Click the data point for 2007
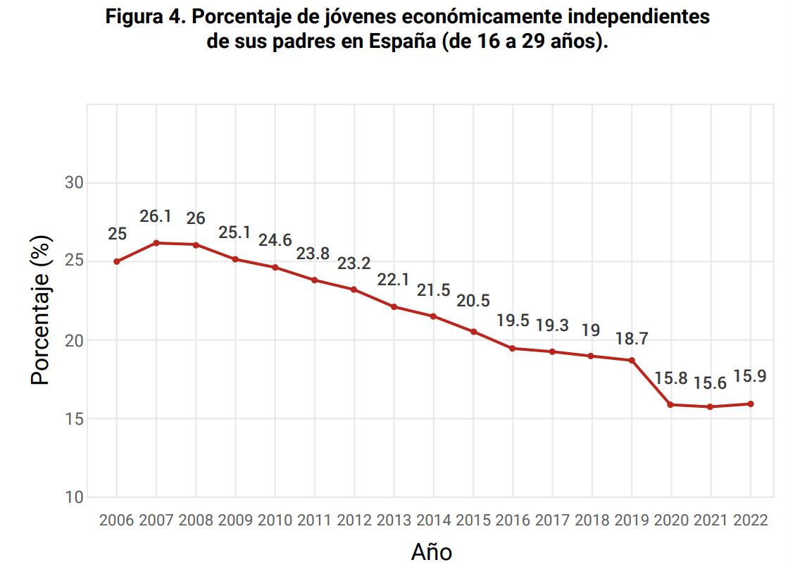point(156,243)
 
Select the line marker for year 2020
point(671,405)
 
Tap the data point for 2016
point(513,348)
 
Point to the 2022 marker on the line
point(751,404)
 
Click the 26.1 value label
point(156,217)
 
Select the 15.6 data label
point(711,383)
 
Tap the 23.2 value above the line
point(354,263)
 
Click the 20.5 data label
point(473,301)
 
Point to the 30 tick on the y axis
point(75,183)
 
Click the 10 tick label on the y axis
point(75,497)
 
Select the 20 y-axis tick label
point(75,340)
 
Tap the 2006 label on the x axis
point(117,521)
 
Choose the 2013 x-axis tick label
point(394,521)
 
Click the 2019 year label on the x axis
point(632,521)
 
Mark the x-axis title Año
point(431,552)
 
